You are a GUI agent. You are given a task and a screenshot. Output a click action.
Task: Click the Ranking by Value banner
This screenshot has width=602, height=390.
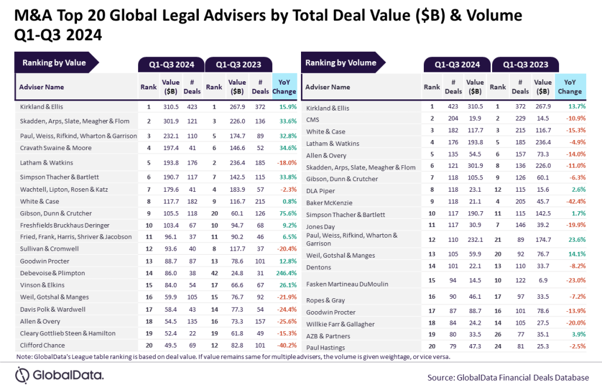(x=54, y=63)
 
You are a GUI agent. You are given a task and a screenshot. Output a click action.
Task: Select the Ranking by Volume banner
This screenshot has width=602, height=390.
(x=340, y=63)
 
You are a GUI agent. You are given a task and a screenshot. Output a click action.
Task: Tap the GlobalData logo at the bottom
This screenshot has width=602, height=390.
(x=59, y=375)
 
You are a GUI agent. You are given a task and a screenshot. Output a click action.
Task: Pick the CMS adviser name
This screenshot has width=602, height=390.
(x=313, y=119)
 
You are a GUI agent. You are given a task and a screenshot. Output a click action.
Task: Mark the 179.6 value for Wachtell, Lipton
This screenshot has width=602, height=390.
(x=170, y=189)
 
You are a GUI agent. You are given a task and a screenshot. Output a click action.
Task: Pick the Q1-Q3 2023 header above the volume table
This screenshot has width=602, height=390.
(x=526, y=65)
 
